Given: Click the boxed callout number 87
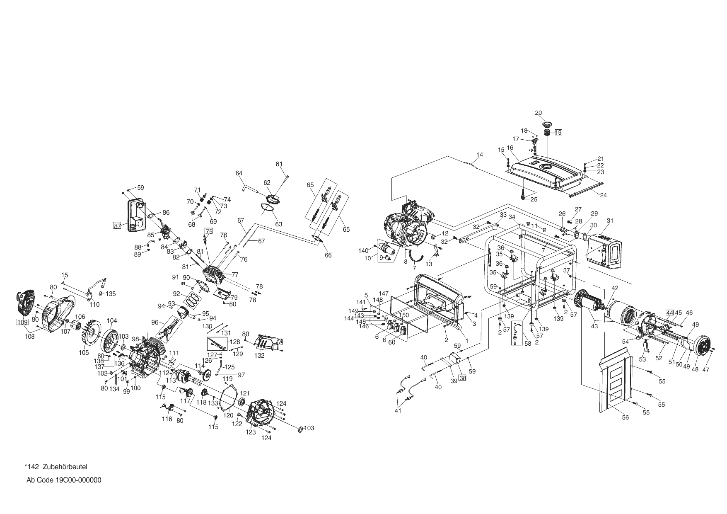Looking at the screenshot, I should (118, 226).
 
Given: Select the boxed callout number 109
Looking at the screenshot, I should (22, 322).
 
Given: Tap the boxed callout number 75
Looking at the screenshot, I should (209, 232).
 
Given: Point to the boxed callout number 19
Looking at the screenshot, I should (558, 133).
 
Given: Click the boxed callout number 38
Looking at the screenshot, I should (462, 378).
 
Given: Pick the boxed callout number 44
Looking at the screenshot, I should (669, 313).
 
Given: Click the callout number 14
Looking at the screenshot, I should (479, 155).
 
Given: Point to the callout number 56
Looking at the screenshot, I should (625, 417).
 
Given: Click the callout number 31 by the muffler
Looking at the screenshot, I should (609, 221).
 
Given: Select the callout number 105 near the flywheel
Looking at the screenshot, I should (84, 353).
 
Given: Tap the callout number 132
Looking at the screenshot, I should (259, 356).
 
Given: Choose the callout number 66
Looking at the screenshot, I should (328, 255).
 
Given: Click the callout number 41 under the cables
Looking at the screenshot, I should (398, 411).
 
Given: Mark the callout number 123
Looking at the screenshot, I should (251, 432).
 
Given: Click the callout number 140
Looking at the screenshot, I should (363, 250).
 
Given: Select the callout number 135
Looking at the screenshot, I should (110, 294).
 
